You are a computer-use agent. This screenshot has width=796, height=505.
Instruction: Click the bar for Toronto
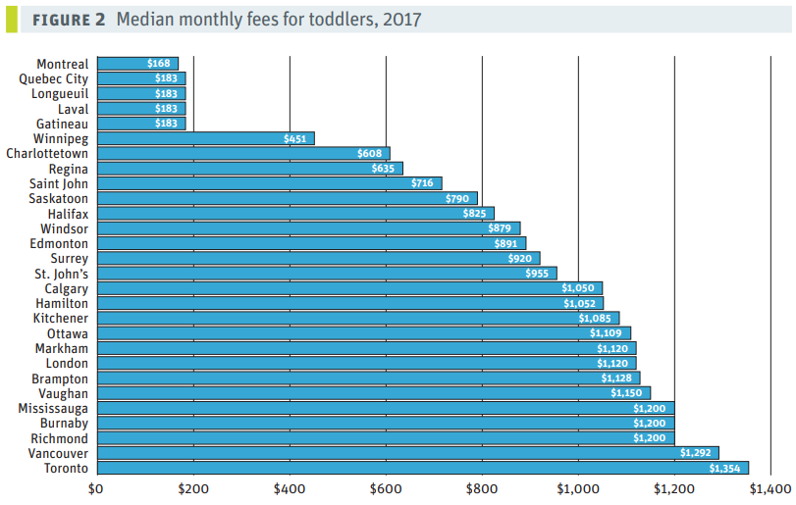point(422,469)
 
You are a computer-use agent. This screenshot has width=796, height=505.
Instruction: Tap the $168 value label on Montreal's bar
point(158,64)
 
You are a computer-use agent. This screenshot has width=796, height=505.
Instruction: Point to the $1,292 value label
point(698,454)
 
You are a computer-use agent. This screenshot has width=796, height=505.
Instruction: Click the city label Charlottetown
point(47,154)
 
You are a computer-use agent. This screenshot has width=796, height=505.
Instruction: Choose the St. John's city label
point(62,274)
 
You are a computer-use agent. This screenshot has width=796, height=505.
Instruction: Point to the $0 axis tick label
point(95,487)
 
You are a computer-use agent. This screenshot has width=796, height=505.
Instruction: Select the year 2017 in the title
point(402,20)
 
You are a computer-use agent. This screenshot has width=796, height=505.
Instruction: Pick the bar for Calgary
point(349,288)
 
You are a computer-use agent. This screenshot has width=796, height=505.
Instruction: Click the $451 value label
point(294,139)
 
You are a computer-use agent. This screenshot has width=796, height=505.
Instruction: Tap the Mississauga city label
point(53,408)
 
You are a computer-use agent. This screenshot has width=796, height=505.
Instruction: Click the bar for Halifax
point(294,214)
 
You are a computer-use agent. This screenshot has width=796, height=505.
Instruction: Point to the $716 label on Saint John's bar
point(422,183)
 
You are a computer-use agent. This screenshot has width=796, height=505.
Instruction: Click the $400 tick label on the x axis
point(289,487)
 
